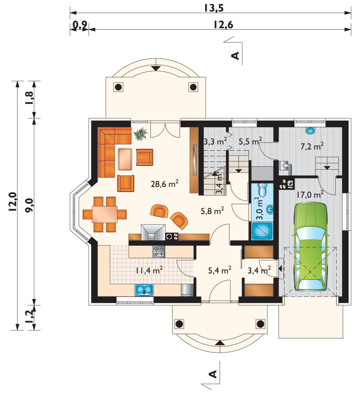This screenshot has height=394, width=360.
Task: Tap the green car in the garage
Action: (311, 246)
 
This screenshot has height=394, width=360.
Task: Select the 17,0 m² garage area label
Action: (310, 195)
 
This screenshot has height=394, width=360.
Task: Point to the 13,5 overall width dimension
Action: (214, 8)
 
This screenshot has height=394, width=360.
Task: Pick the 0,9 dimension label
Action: (80, 25)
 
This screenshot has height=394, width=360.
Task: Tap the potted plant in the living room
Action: (141, 134)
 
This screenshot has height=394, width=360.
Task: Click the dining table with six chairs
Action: (104, 214)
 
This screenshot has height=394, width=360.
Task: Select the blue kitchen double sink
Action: (144, 290)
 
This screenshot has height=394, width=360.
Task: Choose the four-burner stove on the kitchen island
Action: (159, 251)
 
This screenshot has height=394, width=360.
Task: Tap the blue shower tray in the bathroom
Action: (262, 231)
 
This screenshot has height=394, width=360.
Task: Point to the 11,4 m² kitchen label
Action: (149, 270)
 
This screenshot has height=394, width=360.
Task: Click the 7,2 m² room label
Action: (312, 146)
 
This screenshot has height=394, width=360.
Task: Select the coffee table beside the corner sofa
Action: (125, 159)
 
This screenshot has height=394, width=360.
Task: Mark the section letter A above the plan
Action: (235, 56)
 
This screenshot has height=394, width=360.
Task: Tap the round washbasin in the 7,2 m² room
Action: (310, 130)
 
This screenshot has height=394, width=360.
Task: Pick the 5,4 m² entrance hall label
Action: (220, 270)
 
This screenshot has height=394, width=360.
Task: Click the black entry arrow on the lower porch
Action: (220, 343)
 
